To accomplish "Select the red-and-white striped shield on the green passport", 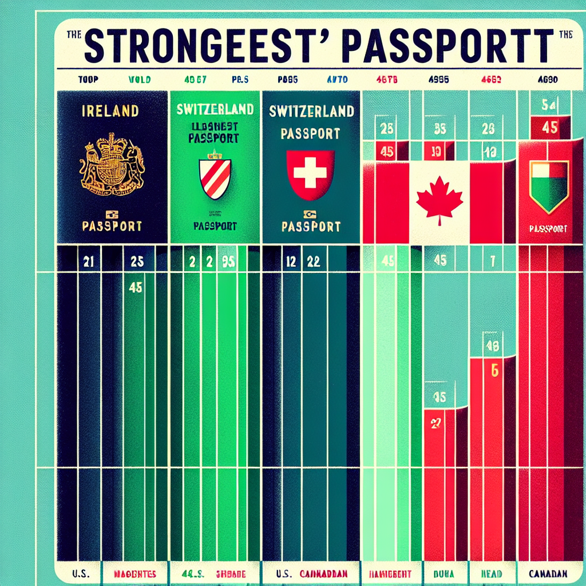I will pos(215,178).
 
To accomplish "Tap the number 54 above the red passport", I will pos(549,105).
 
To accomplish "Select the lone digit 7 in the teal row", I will pos(491,261).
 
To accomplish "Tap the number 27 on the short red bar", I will pos(434,423).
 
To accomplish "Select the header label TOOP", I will pos(86,80).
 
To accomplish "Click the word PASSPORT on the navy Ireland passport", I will pos(112,225).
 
